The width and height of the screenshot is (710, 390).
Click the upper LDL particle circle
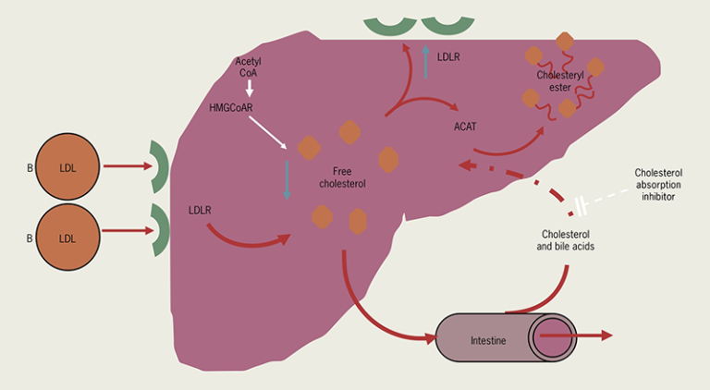(x=67, y=168)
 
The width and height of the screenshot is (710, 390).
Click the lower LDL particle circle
(x=67, y=238)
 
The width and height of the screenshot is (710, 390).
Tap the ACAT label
(x=465, y=127)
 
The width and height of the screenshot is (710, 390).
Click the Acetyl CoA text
(x=249, y=67)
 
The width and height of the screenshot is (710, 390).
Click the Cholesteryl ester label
(x=561, y=79)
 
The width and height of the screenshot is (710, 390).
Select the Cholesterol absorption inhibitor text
(x=662, y=184)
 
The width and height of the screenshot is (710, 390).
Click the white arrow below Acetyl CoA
(x=249, y=89)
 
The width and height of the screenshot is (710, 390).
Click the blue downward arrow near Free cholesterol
(x=288, y=179)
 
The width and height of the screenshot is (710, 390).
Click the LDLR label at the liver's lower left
(x=199, y=210)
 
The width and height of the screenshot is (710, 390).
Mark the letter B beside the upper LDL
(x=29, y=169)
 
